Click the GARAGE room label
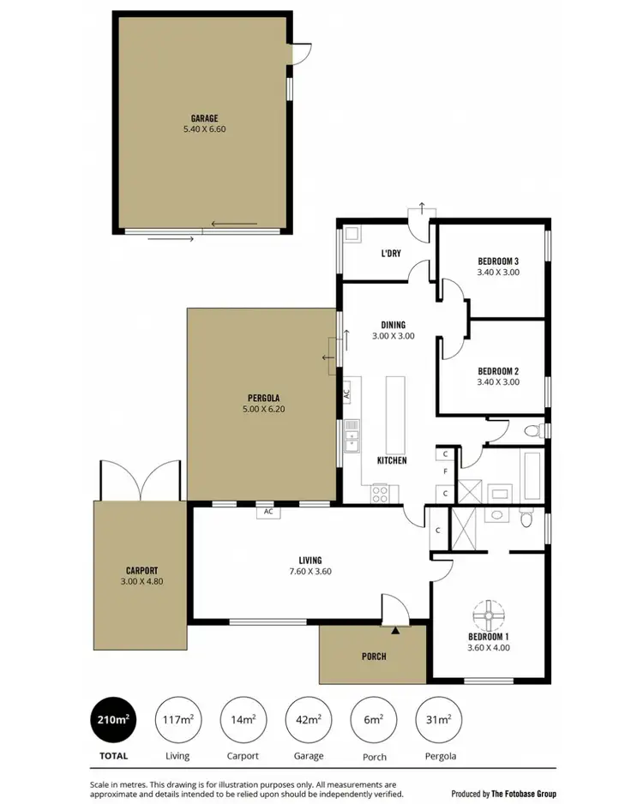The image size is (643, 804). tap(204, 118)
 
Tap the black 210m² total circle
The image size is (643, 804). tap(114, 719)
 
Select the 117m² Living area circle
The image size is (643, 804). tap(177, 719)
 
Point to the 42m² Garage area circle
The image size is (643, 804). tap(309, 719)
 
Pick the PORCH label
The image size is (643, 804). tap(373, 657)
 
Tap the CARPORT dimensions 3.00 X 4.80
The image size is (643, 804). tap(140, 581)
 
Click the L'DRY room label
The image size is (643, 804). tap(392, 254)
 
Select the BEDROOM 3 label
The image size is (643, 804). tap(498, 261)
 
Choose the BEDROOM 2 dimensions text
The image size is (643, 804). tap(498, 382)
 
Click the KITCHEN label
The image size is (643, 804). tap(391, 461)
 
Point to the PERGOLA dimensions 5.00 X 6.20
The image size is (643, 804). tap(261, 411)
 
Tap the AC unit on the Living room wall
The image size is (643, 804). tap(268, 512)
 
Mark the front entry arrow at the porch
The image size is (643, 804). tap(395, 630)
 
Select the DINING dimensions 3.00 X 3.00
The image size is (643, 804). tap(393, 336)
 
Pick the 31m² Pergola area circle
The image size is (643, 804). tap(438, 719)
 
